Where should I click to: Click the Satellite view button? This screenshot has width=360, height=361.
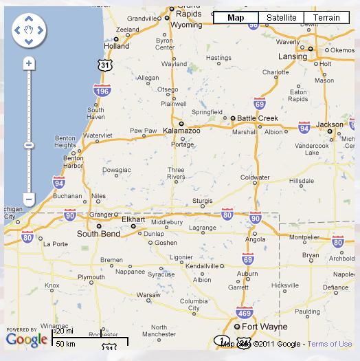[x=281, y=18]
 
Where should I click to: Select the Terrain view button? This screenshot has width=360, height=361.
[x=326, y=18]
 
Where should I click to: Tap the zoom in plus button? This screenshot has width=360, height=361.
[x=28, y=63]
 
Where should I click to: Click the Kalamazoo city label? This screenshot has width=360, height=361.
[x=181, y=130]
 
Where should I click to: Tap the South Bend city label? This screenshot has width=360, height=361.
[x=98, y=234]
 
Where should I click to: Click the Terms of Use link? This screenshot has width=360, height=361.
[x=330, y=344]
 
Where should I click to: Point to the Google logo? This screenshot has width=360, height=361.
[x=27, y=339]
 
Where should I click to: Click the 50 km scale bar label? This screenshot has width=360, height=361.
[x=66, y=343]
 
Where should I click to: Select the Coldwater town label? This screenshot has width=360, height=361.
[x=255, y=177]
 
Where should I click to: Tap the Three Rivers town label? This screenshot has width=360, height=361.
[x=176, y=173]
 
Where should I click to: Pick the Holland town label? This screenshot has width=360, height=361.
[x=116, y=47]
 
